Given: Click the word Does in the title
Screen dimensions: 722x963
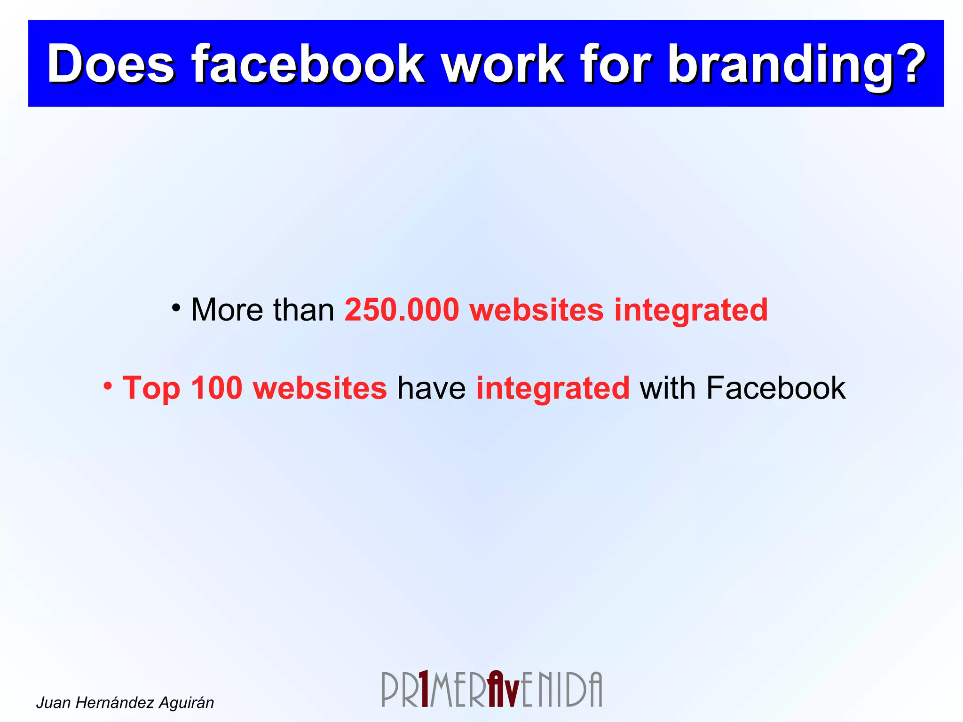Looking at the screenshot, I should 111,63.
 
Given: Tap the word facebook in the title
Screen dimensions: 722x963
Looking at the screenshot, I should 308,63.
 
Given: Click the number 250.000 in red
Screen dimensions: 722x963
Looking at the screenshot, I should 402,310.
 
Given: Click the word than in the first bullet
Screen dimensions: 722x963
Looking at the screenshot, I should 303,310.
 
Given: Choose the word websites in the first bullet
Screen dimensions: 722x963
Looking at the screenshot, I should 536,310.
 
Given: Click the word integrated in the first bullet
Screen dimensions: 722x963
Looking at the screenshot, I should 691,311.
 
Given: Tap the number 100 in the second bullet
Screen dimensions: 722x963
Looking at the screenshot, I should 216,388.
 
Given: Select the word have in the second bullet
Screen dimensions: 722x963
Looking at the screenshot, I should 431,388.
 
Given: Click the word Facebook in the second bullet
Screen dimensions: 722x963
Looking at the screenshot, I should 775,388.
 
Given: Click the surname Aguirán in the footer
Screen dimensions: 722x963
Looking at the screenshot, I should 186,703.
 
